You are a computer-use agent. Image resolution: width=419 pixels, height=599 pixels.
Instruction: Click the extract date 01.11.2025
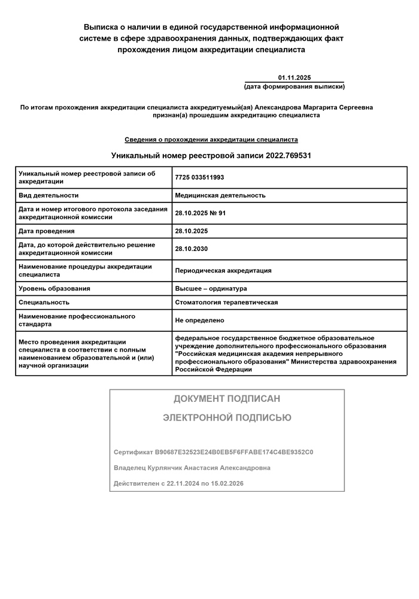tap(294, 78)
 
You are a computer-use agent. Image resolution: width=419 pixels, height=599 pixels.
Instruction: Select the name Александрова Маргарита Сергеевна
tap(314, 107)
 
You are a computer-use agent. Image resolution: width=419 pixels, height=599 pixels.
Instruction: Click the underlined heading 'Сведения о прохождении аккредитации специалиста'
tap(211, 140)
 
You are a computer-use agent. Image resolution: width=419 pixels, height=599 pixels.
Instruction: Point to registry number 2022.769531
tap(287, 155)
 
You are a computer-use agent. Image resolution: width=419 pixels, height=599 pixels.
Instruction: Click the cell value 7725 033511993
tap(200, 177)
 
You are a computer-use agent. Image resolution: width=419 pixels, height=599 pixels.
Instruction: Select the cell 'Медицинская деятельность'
tap(220, 195)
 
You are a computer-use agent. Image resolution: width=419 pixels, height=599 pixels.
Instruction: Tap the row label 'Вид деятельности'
tap(48, 195)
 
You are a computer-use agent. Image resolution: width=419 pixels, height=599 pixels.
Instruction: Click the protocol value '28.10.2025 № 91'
tap(201, 213)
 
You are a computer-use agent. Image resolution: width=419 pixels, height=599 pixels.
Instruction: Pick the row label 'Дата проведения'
tap(47, 231)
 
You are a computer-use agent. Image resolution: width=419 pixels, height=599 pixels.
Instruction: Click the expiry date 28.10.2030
tap(192, 249)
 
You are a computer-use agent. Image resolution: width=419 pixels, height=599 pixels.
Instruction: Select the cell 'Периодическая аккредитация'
tap(223, 271)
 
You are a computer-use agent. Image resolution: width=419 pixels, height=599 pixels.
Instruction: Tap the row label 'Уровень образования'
tap(54, 289)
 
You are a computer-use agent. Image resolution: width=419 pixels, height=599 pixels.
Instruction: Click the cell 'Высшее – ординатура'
tap(211, 289)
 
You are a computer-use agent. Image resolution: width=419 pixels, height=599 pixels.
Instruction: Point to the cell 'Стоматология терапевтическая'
tap(226, 302)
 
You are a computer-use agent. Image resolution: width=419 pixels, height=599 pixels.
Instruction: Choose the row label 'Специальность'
tap(44, 302)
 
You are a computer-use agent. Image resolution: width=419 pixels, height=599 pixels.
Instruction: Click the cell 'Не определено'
tap(200, 320)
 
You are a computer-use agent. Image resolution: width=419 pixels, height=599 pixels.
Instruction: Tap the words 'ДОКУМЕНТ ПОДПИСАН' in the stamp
tap(227, 399)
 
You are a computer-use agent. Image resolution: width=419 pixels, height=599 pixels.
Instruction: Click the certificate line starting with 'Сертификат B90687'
tap(213, 452)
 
